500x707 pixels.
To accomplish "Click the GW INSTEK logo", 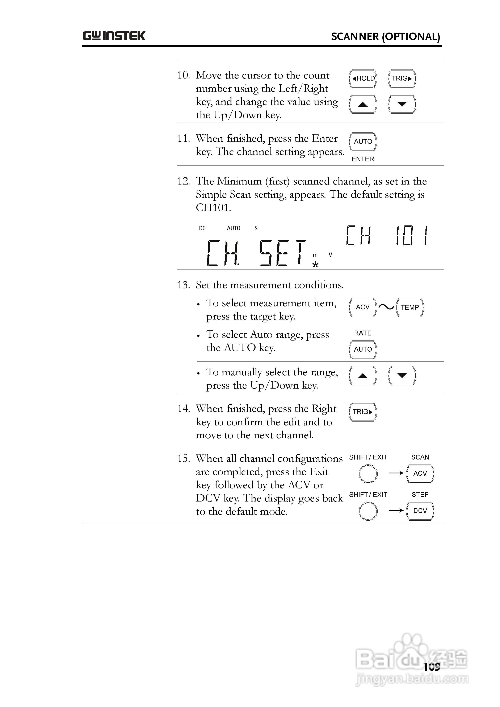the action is [114, 36].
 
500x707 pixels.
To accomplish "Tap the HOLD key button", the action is [363, 79].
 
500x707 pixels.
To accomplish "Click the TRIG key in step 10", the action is [402, 79].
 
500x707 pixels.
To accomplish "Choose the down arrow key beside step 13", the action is [402, 375].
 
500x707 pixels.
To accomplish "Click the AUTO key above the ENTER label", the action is [363, 142].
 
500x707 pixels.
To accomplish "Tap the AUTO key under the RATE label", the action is [363, 350].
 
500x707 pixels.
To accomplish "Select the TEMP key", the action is [410, 307].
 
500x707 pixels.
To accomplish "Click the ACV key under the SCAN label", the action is [420, 474].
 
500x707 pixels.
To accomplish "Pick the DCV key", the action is [420, 511].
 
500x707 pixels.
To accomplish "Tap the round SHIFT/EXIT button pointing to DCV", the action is [368, 511].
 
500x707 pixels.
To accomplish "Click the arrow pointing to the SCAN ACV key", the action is [396, 473].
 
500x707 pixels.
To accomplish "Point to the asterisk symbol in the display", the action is [315, 265].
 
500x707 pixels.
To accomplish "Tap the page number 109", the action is [432, 667].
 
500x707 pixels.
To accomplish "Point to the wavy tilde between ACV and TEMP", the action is [386, 307].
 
